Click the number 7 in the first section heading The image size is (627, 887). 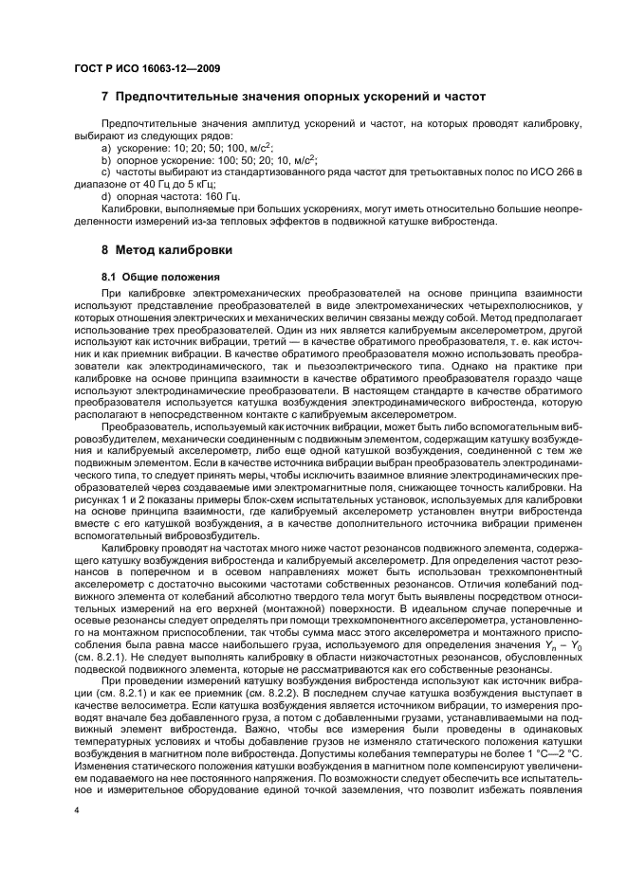click(x=105, y=97)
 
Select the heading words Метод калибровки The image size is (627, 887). click(x=175, y=251)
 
